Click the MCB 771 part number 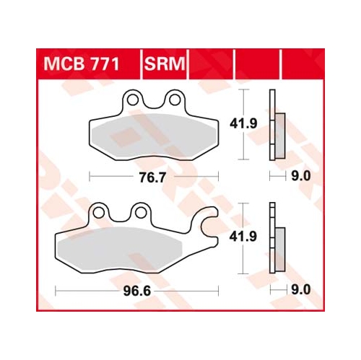(82, 64)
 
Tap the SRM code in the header (165, 64)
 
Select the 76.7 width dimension (152, 177)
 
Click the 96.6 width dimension (137, 291)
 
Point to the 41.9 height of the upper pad (243, 123)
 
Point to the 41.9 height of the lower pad (243, 237)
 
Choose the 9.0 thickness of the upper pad (301, 176)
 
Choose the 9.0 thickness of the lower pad (301, 290)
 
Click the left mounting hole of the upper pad (133, 100)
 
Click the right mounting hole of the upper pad (175, 100)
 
